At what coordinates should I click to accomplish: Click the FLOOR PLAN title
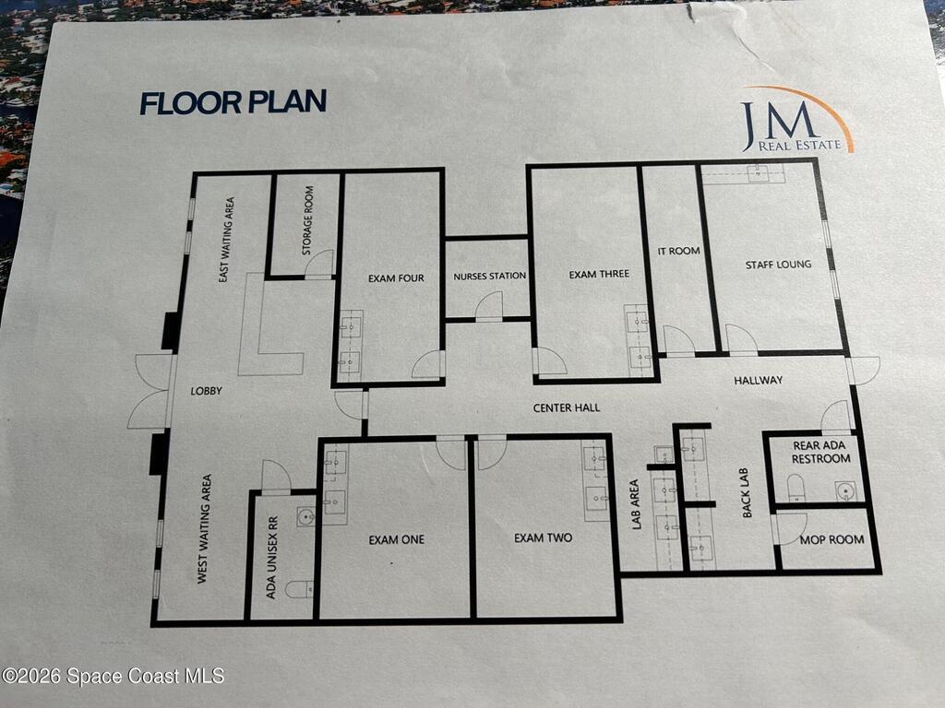pos(233,102)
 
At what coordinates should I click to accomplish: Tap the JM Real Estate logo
pos(796,121)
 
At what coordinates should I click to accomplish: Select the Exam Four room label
pos(396,278)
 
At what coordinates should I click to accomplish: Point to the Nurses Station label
pos(489,277)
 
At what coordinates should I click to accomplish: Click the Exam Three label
pos(599,275)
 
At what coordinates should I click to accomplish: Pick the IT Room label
pos(678,251)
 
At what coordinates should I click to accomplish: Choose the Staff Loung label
pos(778,265)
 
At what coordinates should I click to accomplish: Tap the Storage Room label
pos(308,219)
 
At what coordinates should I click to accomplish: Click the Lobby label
pos(206,391)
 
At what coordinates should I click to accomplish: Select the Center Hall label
pos(567,407)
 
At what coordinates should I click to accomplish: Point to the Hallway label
pos(759,380)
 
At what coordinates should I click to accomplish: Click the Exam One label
pos(397,540)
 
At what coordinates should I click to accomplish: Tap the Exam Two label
pos(543,537)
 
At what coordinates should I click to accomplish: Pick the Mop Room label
pos(831,540)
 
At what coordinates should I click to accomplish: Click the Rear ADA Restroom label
pos(820,452)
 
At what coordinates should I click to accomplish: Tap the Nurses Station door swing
pos(489,305)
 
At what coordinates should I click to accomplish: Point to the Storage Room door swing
pos(318,264)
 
